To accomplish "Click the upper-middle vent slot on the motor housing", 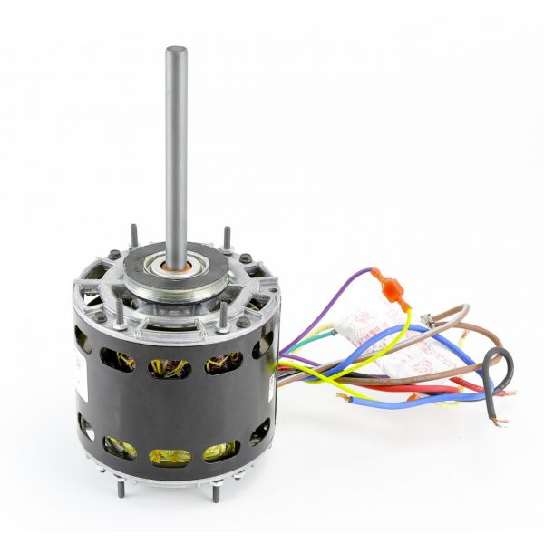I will click(170, 367).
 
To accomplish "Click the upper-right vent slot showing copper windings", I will click(223, 363).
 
